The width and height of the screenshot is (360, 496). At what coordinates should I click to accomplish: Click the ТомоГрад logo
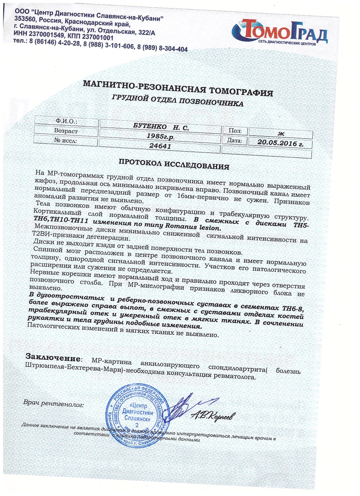(280, 32)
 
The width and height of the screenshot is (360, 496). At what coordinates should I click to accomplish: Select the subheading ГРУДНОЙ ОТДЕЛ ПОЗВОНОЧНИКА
(178, 101)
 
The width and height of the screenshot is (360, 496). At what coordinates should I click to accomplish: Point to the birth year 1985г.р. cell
(160, 137)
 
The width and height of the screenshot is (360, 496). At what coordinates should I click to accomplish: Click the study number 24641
(160, 146)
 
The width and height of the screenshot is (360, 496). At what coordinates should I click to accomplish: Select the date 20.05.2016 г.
(280, 143)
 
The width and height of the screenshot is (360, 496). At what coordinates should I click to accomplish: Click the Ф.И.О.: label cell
(66, 122)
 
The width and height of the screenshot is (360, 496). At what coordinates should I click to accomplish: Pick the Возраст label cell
(66, 131)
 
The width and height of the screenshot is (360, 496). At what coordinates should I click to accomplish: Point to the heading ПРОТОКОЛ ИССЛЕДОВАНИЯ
(173, 164)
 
